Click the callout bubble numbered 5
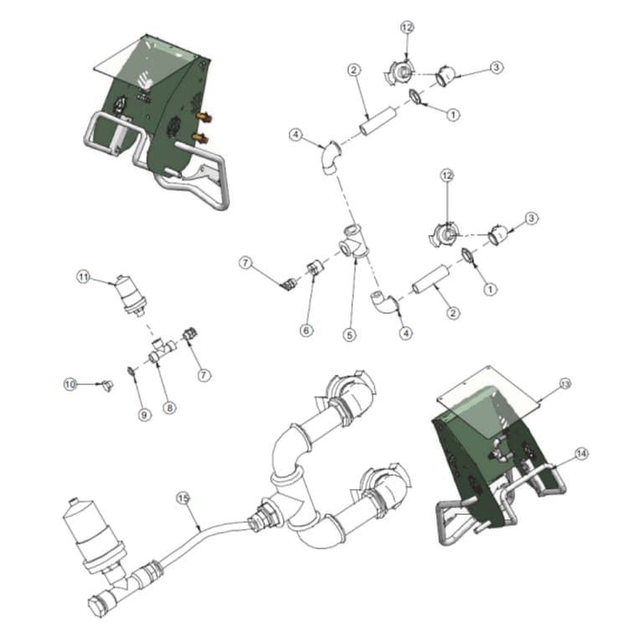pyautogui.click(x=350, y=333)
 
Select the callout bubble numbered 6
pyautogui.click(x=306, y=331)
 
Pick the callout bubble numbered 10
pyautogui.click(x=71, y=383)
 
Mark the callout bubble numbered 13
pyautogui.click(x=564, y=383)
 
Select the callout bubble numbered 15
pyautogui.click(x=184, y=497)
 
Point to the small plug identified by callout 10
pyautogui.click(x=106, y=386)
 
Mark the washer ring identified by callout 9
pyautogui.click(x=131, y=370)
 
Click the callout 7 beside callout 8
pyautogui.click(x=203, y=375)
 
